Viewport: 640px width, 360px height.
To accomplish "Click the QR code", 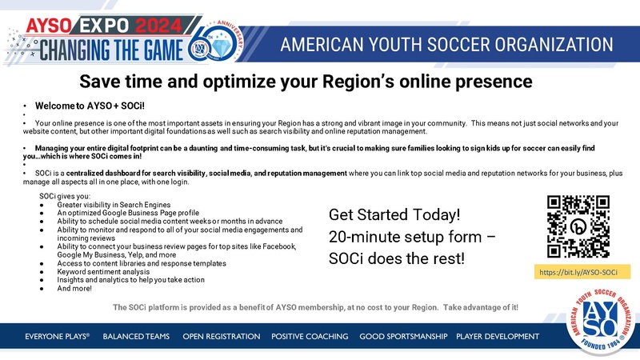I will click(578, 227).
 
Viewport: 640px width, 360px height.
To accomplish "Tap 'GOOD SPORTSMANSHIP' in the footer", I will click(403, 337).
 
